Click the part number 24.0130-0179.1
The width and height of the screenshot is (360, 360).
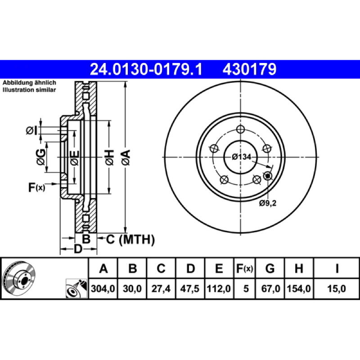(x=146, y=69)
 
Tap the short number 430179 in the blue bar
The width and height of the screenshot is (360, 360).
(x=249, y=69)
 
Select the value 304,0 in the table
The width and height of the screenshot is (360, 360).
(x=103, y=288)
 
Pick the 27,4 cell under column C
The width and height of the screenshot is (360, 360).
(x=161, y=288)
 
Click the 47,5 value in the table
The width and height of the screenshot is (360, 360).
(x=189, y=288)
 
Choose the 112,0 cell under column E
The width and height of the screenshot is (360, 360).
(x=219, y=288)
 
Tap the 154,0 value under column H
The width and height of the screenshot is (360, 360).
(x=299, y=288)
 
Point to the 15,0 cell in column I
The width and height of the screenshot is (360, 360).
(x=336, y=288)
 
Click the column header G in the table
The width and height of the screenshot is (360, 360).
(x=270, y=268)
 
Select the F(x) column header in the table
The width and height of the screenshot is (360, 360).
(x=245, y=268)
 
